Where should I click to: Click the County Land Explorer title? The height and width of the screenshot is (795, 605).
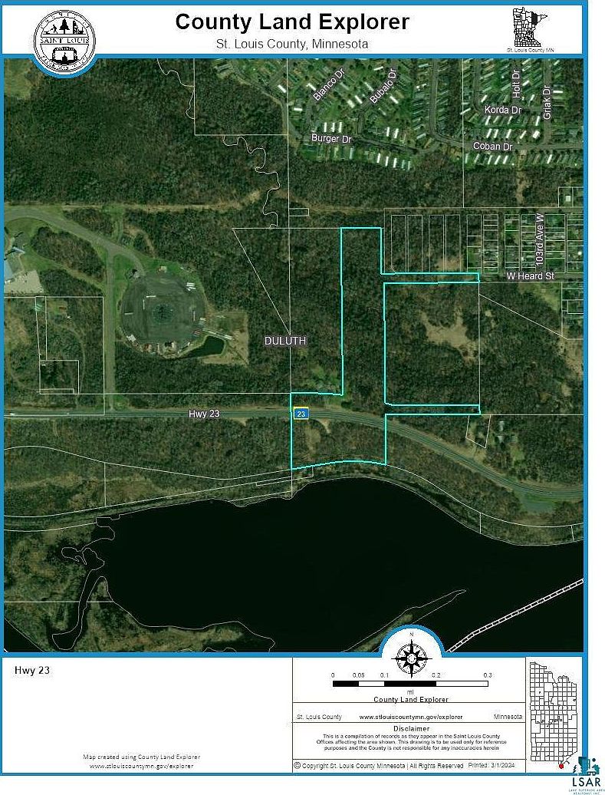click(292, 21)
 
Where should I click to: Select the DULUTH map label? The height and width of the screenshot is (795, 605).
click(286, 341)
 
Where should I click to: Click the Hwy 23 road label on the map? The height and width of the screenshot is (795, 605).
click(204, 414)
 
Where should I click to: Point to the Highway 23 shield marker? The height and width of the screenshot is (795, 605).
click(301, 414)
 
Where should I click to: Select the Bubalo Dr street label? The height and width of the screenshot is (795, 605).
click(383, 87)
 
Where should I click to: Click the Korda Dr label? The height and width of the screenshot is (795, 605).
click(503, 111)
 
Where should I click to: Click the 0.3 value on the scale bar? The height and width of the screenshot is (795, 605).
click(487, 675)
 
